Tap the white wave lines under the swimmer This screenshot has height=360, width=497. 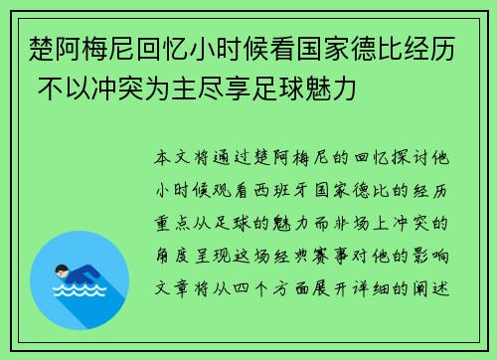click(x=80, y=294)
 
